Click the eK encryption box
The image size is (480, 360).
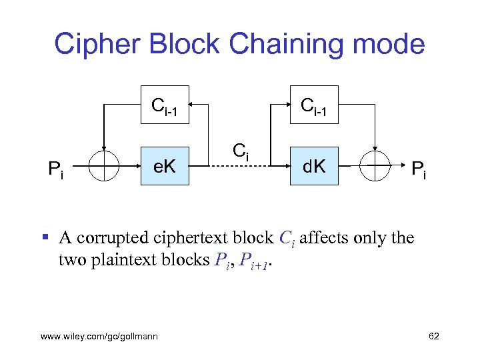[x=164, y=167]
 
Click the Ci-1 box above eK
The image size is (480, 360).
[x=164, y=105]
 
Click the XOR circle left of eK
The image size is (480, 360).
[x=103, y=167]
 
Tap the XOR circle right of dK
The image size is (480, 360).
[x=375, y=167]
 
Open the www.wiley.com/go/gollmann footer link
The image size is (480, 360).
[x=99, y=336]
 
